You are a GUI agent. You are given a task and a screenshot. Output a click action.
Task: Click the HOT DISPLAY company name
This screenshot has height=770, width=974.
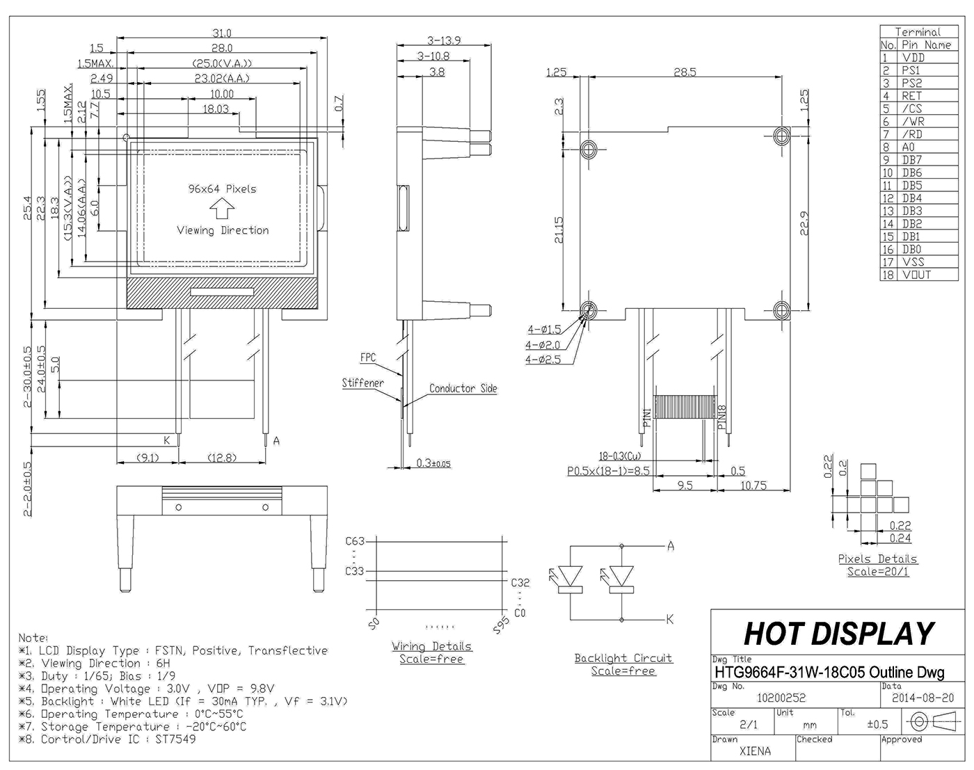pos(839,634)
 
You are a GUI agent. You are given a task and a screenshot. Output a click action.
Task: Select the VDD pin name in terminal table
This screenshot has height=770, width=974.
pos(913,58)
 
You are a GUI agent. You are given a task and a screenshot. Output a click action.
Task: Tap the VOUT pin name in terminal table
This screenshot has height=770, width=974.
pos(916,275)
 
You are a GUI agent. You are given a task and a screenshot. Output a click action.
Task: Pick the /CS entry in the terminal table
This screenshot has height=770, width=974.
pos(911,109)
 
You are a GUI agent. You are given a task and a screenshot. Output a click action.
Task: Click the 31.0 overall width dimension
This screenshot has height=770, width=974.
pos(222,33)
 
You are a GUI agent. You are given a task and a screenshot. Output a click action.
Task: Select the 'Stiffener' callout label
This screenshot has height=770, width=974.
pos(362,383)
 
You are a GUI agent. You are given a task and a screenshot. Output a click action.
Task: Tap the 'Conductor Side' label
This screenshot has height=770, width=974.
pos(463,388)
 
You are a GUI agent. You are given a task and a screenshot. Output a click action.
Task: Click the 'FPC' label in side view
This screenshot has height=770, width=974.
pos(368,358)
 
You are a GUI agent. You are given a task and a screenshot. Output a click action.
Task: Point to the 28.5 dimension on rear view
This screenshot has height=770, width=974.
pos(685,72)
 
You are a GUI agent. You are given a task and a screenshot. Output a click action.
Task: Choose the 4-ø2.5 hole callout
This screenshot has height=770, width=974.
pos(543,360)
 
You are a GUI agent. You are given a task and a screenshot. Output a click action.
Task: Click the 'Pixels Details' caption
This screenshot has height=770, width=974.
pos(877,559)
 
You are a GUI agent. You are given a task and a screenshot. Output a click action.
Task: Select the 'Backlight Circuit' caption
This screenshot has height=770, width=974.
pos(623,658)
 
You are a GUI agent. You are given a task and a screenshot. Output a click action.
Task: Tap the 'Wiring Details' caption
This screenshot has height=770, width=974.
pos(431,646)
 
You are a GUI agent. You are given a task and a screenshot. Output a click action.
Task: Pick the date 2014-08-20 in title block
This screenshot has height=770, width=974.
pos(923,698)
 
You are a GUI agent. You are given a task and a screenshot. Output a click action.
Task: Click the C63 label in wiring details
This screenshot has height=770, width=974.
pos(355,541)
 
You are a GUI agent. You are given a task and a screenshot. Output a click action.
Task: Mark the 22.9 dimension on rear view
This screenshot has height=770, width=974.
pos(805,223)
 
